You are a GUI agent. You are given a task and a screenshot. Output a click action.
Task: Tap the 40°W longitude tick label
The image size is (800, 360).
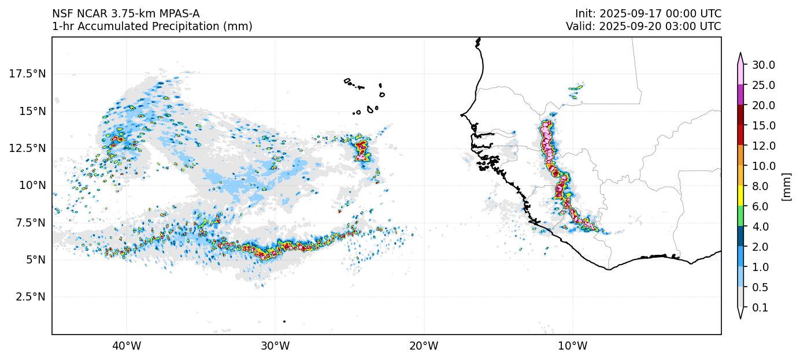[x=126, y=346]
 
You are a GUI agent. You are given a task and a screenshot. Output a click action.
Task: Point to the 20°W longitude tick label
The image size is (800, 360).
[x=424, y=346]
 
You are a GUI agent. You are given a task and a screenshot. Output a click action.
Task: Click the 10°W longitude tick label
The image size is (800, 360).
[x=572, y=346]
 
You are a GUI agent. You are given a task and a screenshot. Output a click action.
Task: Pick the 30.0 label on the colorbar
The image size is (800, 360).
[x=763, y=65]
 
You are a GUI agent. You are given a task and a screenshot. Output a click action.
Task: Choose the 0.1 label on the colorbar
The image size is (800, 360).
[x=761, y=307]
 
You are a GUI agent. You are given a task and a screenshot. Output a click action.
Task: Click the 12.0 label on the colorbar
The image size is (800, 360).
[x=763, y=146]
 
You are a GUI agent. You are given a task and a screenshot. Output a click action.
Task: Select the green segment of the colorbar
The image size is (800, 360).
[x=740, y=216]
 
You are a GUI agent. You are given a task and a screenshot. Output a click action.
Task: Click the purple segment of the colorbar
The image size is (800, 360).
[x=740, y=95]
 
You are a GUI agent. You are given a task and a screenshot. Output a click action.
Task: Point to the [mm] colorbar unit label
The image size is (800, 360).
[x=786, y=186]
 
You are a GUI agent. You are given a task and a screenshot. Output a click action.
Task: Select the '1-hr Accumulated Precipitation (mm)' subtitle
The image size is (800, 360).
[x=152, y=26]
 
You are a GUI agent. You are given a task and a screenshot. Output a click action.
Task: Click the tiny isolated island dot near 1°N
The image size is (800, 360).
[x=284, y=321]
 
